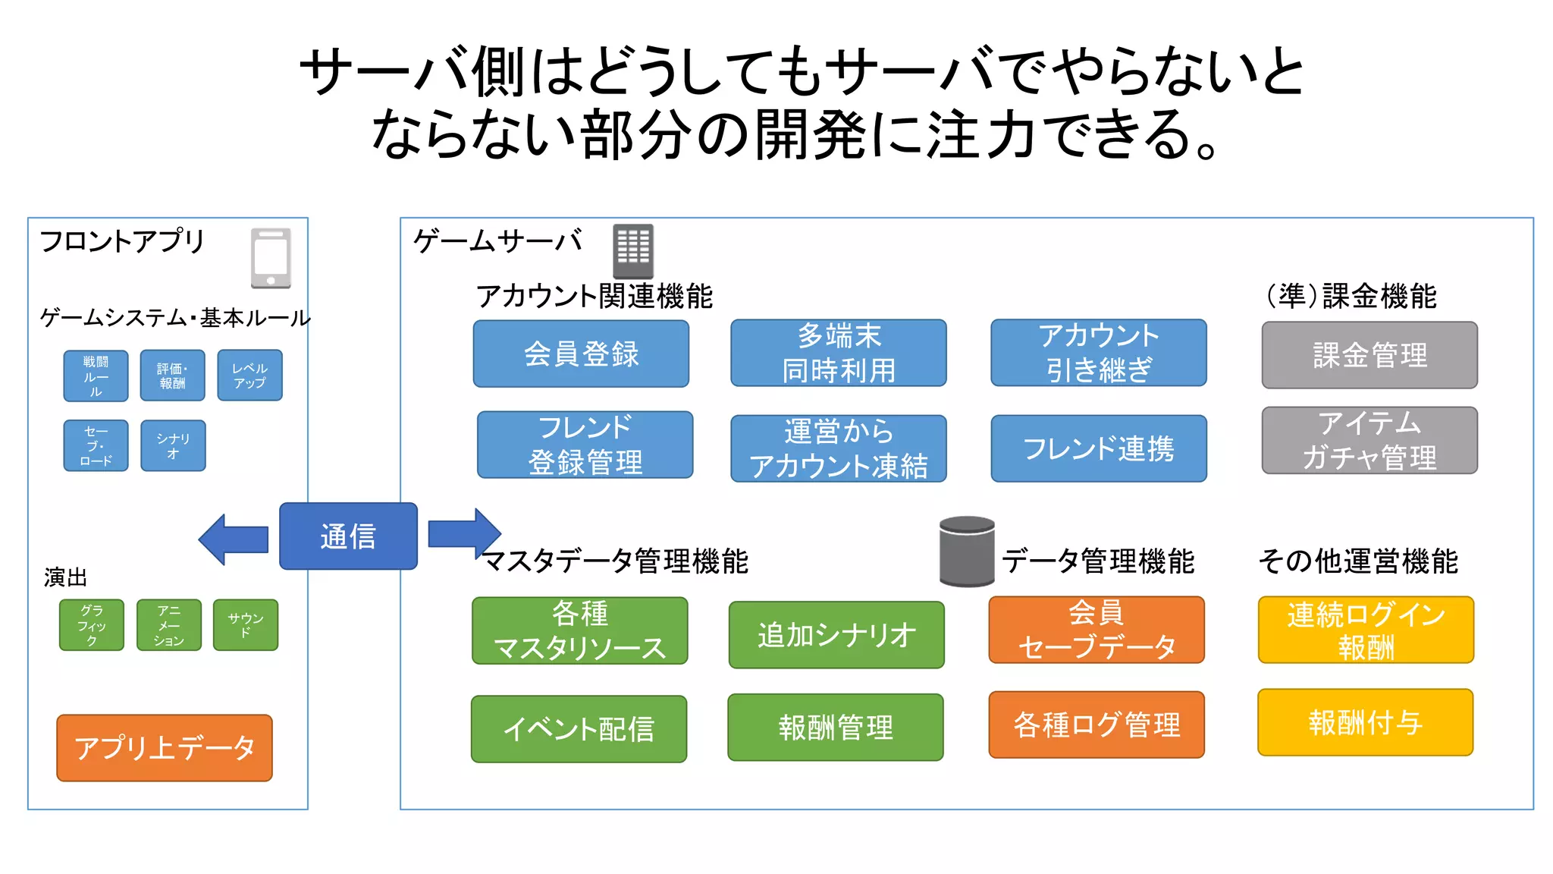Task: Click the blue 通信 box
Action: pyautogui.click(x=348, y=536)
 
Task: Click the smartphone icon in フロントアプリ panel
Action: pyautogui.click(x=271, y=258)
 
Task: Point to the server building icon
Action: pyautogui.click(x=632, y=251)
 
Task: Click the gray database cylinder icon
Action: pyautogui.click(x=967, y=552)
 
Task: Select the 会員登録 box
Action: pyautogui.click(x=581, y=354)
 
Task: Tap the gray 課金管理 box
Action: pyautogui.click(x=1369, y=355)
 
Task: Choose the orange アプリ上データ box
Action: pyautogui.click(x=165, y=748)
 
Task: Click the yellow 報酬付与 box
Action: pyautogui.click(x=1365, y=722)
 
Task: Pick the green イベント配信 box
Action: pyautogui.click(x=579, y=729)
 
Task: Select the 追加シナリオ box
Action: pyautogui.click(x=836, y=635)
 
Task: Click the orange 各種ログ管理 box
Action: pyautogui.click(x=1097, y=725)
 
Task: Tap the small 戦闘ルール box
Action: pyautogui.click(x=96, y=376)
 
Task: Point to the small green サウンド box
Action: pyautogui.click(x=246, y=625)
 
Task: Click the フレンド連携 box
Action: pyautogui.click(x=1098, y=448)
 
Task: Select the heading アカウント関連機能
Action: pyautogui.click(x=594, y=296)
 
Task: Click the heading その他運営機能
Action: pyautogui.click(x=1357, y=561)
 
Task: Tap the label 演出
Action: pyautogui.click(x=65, y=577)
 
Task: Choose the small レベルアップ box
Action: pyautogui.click(x=249, y=376)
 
